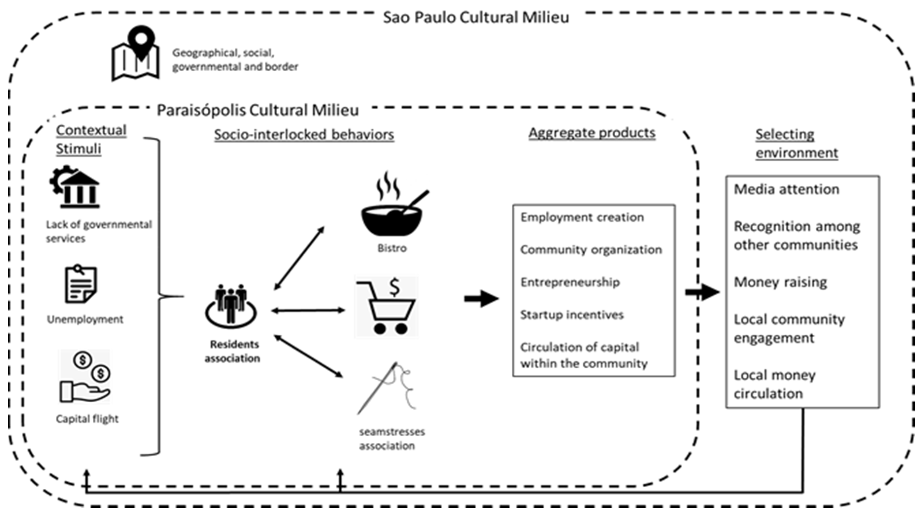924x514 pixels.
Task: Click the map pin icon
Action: (x=135, y=53)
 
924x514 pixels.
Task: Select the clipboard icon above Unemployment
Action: (x=81, y=284)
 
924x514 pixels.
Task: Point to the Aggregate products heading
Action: (x=592, y=133)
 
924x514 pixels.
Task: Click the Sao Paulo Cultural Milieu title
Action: (x=476, y=17)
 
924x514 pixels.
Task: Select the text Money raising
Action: (x=780, y=282)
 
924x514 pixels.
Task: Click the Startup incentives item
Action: (x=572, y=315)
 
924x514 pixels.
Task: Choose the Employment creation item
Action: (x=582, y=217)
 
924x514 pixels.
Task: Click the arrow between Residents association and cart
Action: (x=308, y=311)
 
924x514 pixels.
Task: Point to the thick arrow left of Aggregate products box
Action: (x=481, y=298)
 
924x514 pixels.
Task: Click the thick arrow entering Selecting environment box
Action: (x=702, y=292)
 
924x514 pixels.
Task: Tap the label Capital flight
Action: (x=87, y=419)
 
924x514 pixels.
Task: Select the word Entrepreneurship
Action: (x=570, y=282)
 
